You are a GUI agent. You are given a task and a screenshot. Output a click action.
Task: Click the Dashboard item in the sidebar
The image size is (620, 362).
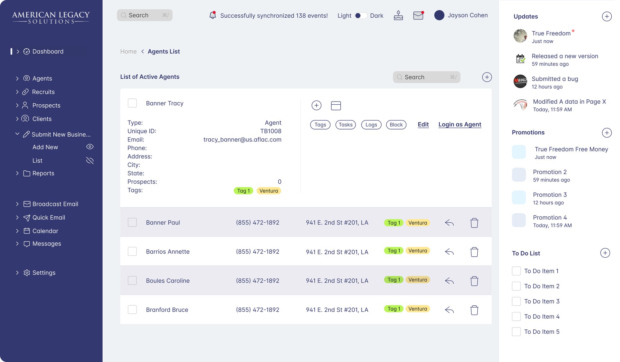(x=48, y=51)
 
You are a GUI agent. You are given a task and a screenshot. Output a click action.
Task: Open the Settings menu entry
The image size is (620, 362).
(x=44, y=273)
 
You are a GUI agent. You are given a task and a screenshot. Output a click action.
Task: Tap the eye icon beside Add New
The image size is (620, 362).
(x=90, y=147)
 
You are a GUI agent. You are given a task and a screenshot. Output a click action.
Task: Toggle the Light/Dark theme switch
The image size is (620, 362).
(x=361, y=15)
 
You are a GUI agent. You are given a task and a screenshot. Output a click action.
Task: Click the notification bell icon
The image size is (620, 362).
(x=213, y=15)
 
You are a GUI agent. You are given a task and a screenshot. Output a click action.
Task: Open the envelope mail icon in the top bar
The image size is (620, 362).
(x=418, y=15)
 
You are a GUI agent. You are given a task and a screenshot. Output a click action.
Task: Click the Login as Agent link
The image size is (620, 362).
(x=460, y=124)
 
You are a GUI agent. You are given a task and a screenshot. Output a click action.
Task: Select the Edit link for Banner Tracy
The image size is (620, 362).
(x=423, y=124)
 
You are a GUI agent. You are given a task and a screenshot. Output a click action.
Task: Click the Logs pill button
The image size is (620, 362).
(x=371, y=125)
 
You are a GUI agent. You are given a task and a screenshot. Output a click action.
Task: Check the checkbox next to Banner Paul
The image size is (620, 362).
(x=132, y=222)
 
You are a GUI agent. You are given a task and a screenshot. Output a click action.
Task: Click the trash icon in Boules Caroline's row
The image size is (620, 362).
(x=474, y=281)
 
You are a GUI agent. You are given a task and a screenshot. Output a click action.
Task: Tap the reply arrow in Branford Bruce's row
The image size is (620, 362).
(x=449, y=310)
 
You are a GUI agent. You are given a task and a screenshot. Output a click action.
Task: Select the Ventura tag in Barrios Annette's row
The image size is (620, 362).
(x=418, y=251)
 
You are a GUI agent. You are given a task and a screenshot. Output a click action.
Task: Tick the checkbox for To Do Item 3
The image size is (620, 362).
(x=516, y=301)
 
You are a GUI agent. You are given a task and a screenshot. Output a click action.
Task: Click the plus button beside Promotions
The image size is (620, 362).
(x=607, y=133)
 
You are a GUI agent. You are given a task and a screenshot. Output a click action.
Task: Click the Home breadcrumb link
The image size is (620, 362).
(x=128, y=51)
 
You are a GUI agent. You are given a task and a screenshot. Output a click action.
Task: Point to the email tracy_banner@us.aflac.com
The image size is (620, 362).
(x=242, y=140)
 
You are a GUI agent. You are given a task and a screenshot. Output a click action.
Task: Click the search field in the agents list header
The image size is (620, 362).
(x=426, y=77)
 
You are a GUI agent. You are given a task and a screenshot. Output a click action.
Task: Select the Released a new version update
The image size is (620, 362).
(x=565, y=56)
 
